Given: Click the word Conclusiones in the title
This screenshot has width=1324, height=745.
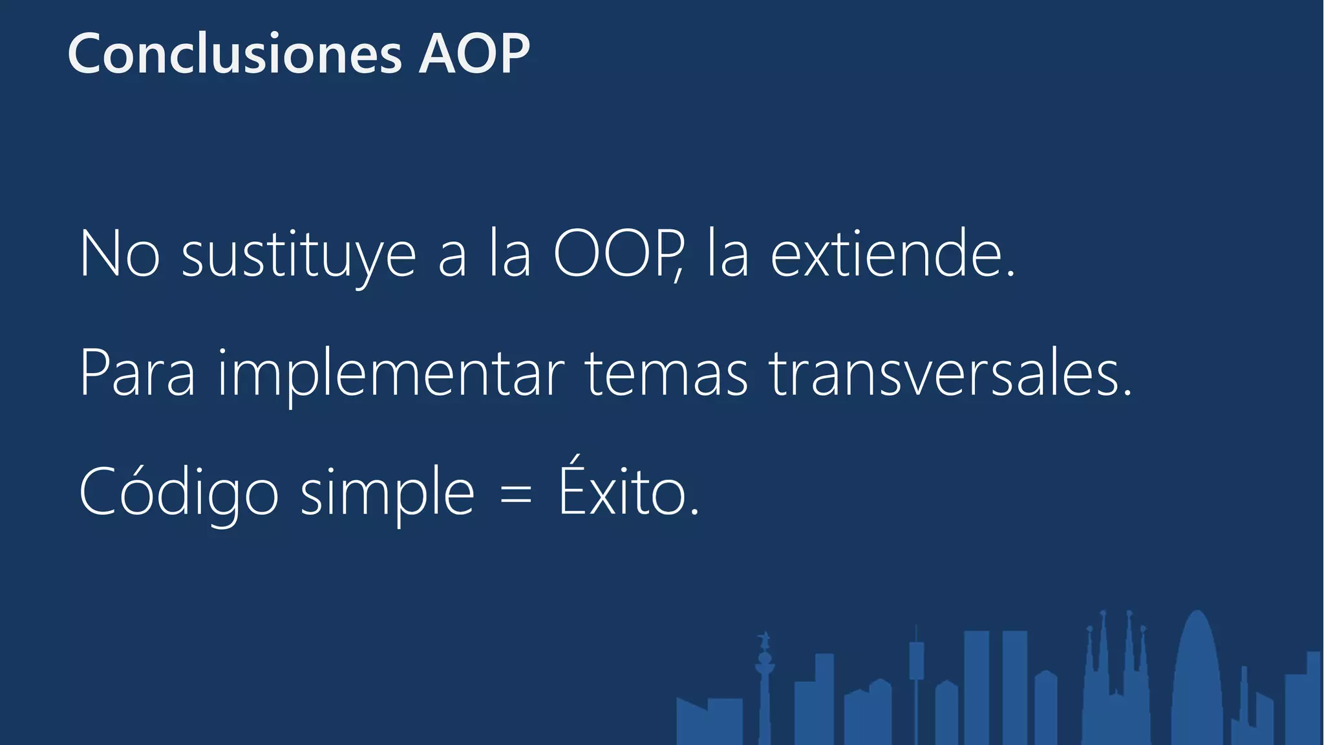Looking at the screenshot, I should click(235, 54).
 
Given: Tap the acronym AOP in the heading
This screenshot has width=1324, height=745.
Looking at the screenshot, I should click(475, 54).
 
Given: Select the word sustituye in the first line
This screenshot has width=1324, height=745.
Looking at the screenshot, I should click(299, 255).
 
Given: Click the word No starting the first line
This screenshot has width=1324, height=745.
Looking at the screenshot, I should click(120, 254).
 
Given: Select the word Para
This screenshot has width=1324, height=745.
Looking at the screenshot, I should click(137, 373).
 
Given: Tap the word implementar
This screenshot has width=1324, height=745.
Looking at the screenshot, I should click(391, 375).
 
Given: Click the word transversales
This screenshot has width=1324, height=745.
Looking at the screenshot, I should click(944, 373).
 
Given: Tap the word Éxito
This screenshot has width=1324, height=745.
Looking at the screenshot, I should click(623, 491).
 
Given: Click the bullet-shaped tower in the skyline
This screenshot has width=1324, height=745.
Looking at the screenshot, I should click(1197, 679).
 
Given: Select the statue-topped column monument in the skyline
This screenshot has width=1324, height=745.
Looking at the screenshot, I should click(765, 686).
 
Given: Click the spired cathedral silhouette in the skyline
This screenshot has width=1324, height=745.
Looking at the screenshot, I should click(1115, 679).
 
